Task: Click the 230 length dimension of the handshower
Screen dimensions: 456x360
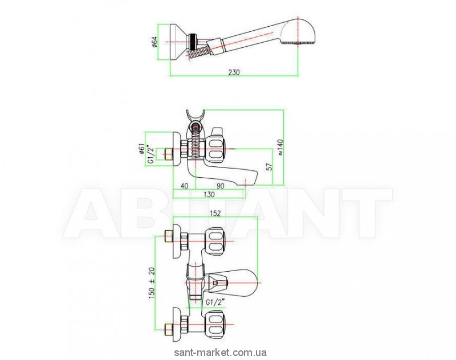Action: tap(234, 72)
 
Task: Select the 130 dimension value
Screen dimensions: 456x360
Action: tap(210, 195)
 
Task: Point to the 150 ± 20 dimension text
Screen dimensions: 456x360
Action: tap(150, 280)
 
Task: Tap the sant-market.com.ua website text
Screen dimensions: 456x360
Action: tap(227, 353)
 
